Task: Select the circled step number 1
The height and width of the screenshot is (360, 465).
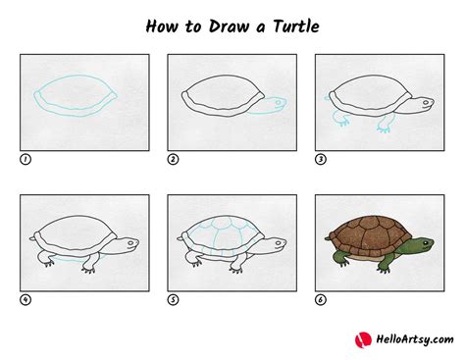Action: click(x=25, y=158)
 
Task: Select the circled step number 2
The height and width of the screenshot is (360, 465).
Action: click(x=173, y=158)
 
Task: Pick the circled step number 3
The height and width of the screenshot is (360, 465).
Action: click(x=320, y=158)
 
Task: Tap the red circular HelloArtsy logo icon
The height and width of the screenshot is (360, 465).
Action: click(x=362, y=339)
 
